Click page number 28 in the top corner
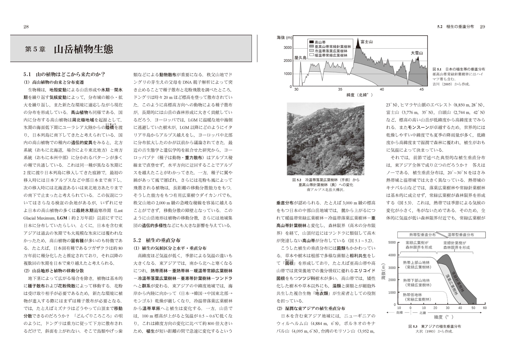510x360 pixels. [26, 27]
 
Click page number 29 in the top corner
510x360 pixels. [482, 27]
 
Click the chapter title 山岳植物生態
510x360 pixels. [83, 49]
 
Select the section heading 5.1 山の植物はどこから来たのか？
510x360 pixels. [64, 74]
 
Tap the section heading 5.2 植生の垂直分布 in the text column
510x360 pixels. [157, 240]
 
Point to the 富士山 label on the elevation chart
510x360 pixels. [367, 41]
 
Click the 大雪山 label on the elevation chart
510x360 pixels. [417, 53]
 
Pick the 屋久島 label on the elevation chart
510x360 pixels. [300, 58]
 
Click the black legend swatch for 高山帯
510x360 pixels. [311, 42]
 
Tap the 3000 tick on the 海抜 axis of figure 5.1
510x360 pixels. [288, 48]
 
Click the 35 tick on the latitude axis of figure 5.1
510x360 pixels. [340, 89]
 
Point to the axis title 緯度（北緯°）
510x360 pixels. [360, 95]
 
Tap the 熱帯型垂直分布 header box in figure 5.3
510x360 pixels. [422, 234]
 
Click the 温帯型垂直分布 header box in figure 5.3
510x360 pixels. [461, 234]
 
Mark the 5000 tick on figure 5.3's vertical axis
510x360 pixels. [392, 242]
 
